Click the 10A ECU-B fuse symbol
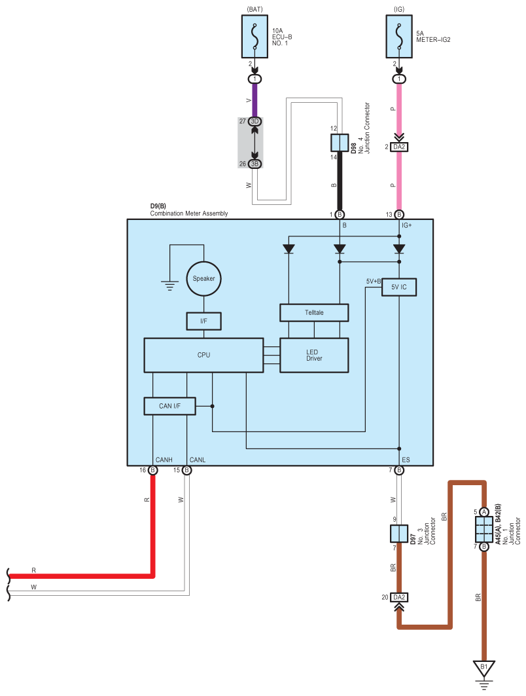tap(254, 37)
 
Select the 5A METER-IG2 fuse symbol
tap(399, 37)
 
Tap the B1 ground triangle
tap(484, 669)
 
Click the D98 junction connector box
tap(340, 143)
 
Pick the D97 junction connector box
tap(398, 534)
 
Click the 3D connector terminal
tap(254, 121)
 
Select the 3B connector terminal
tap(254, 164)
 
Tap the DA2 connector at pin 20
tap(399, 597)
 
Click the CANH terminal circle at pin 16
tap(152, 470)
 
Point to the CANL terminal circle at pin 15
tap(186, 470)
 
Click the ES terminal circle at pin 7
tap(399, 470)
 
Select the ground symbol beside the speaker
tap(169, 285)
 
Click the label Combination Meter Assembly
tap(189, 213)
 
